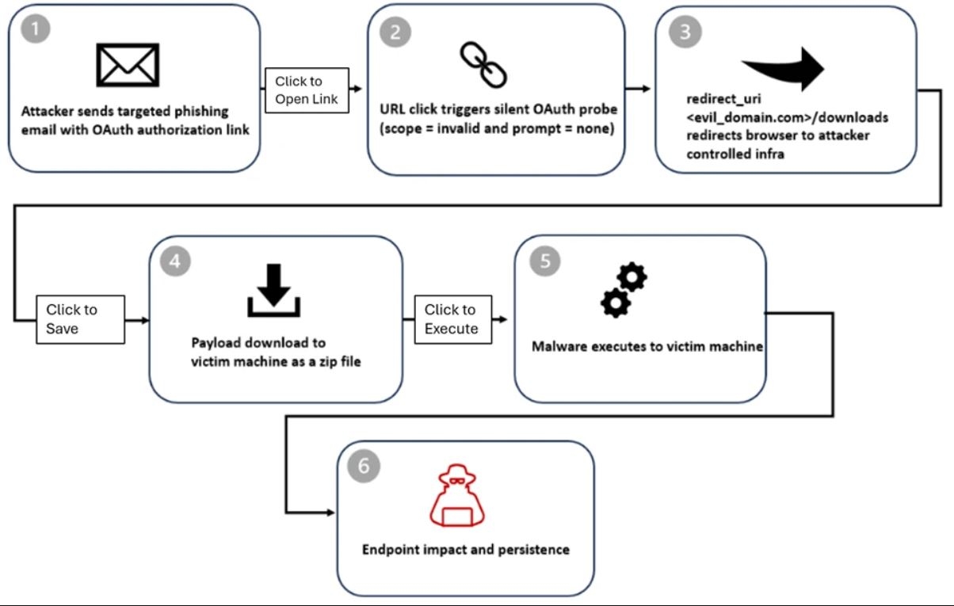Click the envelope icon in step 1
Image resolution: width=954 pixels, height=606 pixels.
coord(128,65)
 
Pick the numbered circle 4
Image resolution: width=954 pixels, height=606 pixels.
coord(174,261)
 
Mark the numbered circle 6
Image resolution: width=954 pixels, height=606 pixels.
coord(364,466)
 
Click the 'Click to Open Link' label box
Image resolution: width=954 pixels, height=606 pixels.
coord(306,90)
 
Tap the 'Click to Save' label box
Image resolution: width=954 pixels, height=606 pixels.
coord(81,319)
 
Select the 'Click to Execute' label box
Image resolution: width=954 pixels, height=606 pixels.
coord(452,319)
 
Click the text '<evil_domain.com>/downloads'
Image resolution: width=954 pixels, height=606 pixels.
coord(787,118)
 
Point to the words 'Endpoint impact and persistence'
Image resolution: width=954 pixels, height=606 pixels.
coord(466,549)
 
